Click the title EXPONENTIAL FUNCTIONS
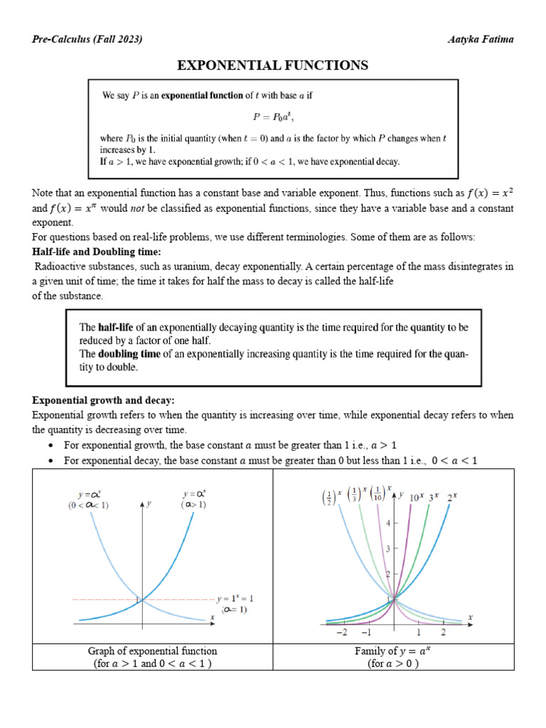272,65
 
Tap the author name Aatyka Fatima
480,39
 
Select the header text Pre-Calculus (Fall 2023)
87,39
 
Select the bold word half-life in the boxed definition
115,328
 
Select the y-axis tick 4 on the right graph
387,523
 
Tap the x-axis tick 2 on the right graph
443,632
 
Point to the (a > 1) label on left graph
193,505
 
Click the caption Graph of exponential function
152,651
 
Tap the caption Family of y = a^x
393,651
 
